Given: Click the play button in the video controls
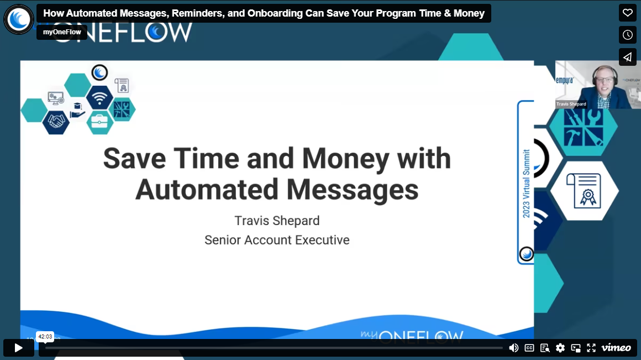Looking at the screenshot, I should pos(18,348).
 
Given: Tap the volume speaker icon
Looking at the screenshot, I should pos(513,348).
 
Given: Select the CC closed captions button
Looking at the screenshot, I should pos(529,348).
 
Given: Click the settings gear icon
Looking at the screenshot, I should pos(560,348).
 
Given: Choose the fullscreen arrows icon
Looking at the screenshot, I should pos(591,348).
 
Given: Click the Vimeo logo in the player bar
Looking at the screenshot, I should pos(616,348).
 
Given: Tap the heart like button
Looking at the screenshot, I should pos(628,13).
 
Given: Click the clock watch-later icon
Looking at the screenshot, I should pos(628,35).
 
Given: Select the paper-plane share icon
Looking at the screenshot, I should pos(628,57).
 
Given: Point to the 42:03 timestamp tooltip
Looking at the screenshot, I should pos(45,336).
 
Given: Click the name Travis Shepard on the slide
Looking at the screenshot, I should pos(277,221).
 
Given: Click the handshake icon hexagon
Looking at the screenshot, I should pos(56,122).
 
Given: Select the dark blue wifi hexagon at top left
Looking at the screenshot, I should pos(99,98).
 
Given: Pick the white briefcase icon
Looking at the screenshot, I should pos(99,121).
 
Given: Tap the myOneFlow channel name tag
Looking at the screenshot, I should pos(62,32).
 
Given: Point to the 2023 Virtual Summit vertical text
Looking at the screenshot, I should pos(526,183).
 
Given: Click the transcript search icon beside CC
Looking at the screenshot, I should pos(545,348).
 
